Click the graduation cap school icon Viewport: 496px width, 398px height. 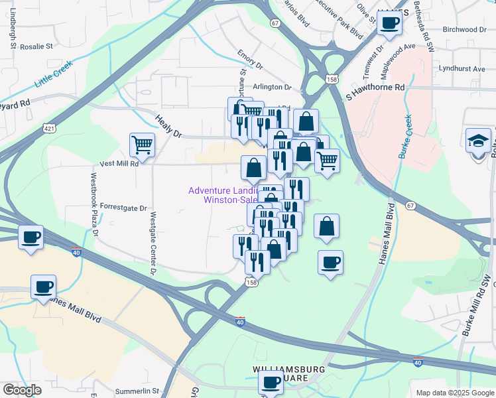coord(479,142)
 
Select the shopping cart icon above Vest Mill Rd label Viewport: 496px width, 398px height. coord(143,144)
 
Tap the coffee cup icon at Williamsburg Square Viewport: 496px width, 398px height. coord(271,383)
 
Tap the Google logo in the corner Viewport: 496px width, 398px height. coord(22,390)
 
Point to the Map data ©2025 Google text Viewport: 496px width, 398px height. coord(453,392)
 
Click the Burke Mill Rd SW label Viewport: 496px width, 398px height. coord(476,314)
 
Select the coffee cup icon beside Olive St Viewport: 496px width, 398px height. coord(390,23)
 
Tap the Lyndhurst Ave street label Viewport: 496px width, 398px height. coord(462,68)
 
